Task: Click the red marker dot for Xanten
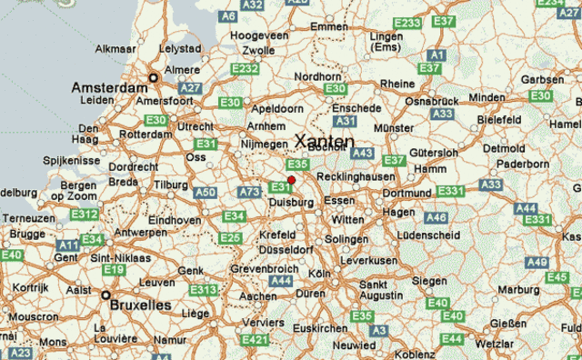[x=291, y=181]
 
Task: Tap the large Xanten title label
[x=325, y=141]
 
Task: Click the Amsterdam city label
[x=109, y=88]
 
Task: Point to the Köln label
[x=319, y=274]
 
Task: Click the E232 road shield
[x=246, y=68]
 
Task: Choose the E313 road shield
[x=204, y=290]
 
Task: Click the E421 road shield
[x=256, y=340]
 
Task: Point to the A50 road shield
[x=206, y=193]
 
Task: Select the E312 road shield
[x=85, y=215]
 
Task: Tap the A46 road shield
[x=436, y=218]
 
